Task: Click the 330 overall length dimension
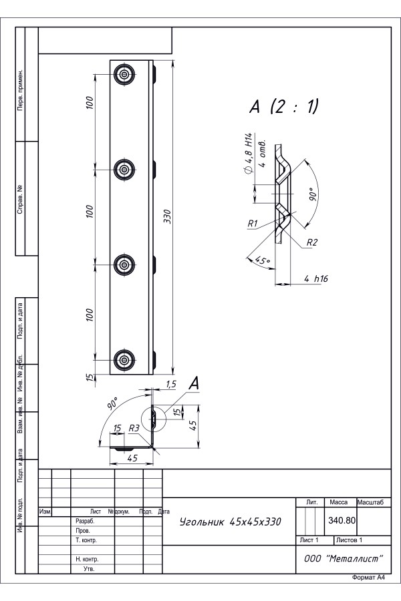click(167, 217)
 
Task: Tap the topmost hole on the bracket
click(124, 74)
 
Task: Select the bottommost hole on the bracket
click(124, 360)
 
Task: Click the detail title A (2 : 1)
click(284, 107)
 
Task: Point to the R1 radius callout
click(253, 223)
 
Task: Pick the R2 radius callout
click(312, 242)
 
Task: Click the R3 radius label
click(134, 428)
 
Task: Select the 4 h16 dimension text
click(316, 278)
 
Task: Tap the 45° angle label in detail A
click(262, 260)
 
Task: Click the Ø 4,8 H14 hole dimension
click(248, 154)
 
